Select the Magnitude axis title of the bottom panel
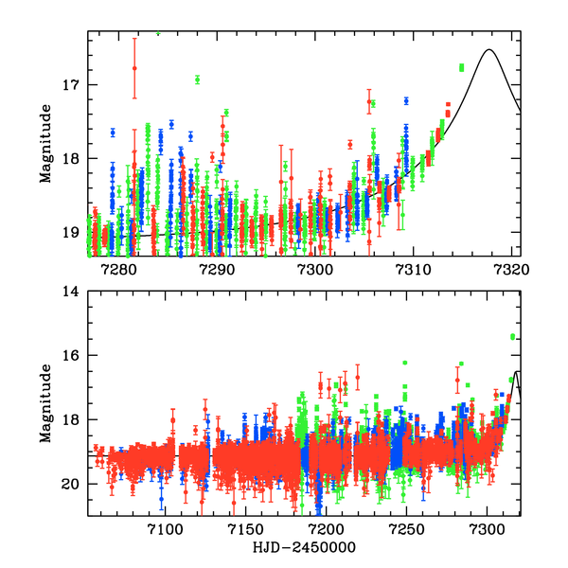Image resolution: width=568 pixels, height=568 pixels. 44,404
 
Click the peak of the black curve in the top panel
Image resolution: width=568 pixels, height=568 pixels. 489,49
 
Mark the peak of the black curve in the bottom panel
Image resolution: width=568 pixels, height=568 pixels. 517,371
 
